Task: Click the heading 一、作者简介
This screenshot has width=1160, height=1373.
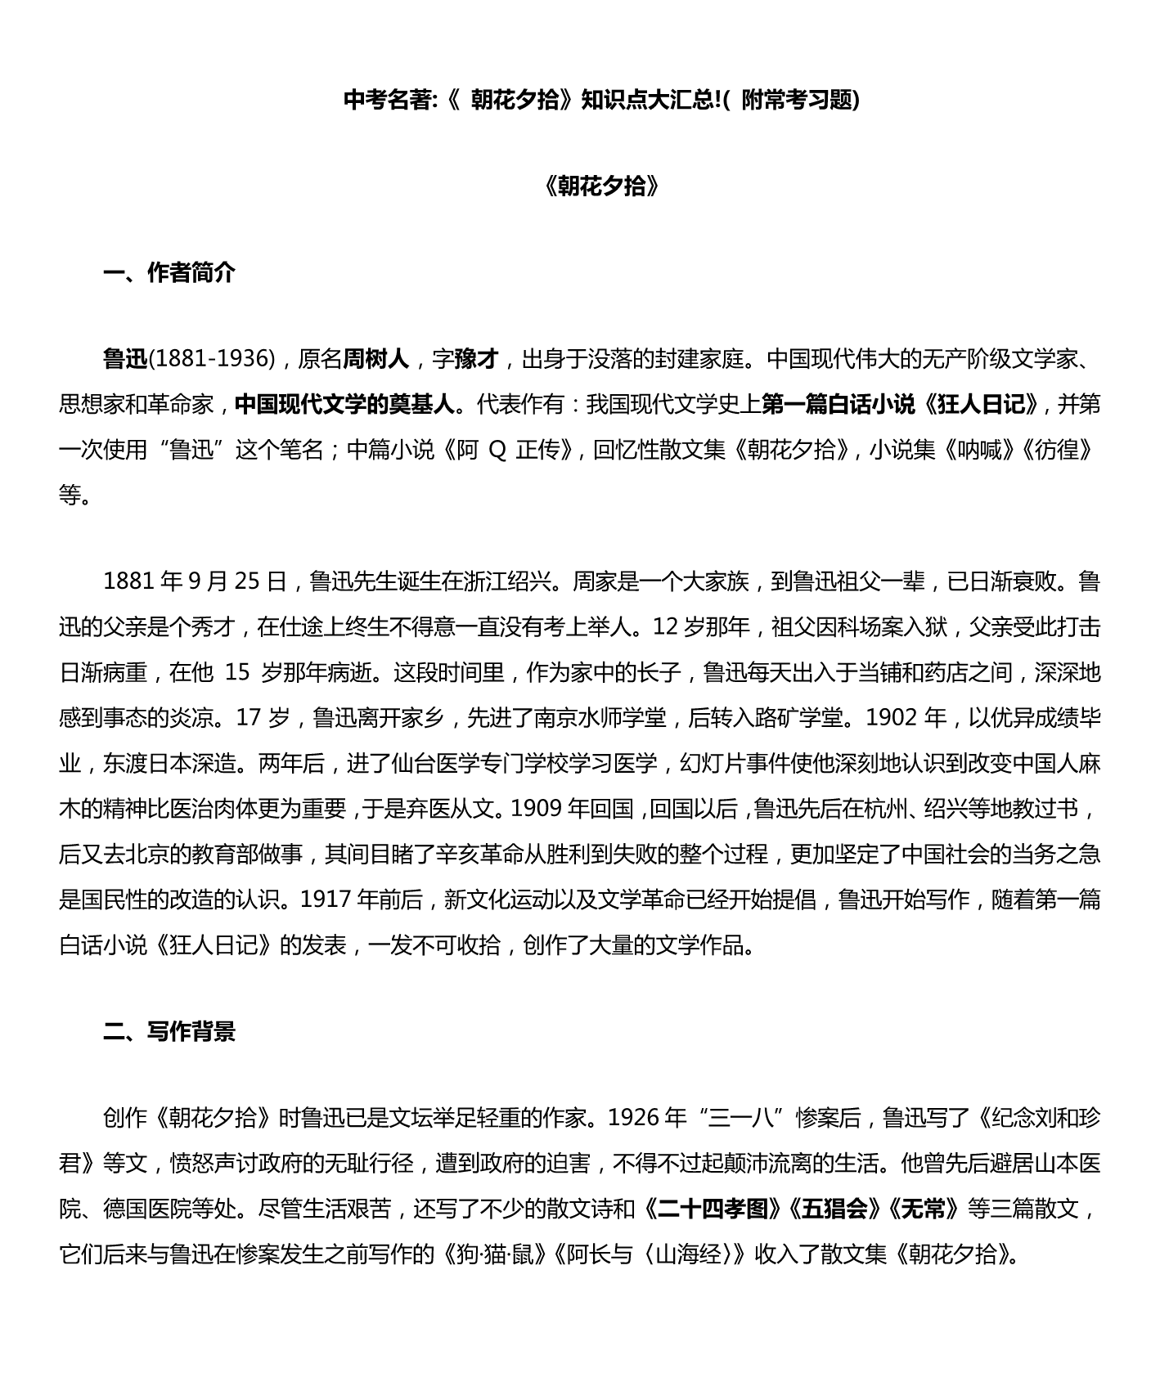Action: point(169,272)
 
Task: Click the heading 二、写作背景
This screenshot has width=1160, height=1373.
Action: point(169,1031)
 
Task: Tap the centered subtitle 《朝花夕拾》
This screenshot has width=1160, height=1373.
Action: point(601,186)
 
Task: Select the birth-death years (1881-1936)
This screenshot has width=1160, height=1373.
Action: point(213,358)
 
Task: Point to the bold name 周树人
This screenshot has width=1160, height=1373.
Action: point(375,358)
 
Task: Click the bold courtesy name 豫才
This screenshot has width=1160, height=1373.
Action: point(476,358)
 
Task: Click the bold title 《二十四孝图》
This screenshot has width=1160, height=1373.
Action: point(713,1208)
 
